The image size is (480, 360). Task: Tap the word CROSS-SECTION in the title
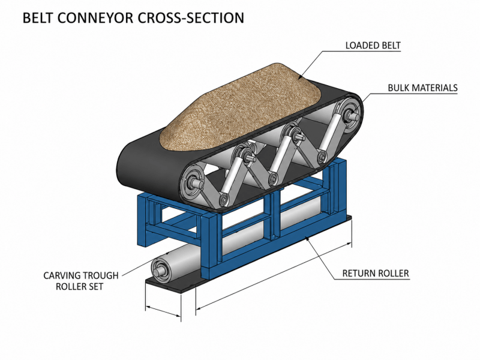tap(191, 18)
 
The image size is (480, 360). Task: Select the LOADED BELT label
tap(373, 46)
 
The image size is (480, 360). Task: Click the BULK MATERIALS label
tap(422, 88)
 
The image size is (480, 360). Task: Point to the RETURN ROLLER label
tap(376, 273)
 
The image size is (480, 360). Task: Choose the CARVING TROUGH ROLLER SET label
tap(81, 281)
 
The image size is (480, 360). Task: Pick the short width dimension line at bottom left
tap(163, 311)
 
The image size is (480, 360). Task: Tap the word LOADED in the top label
tap(358, 46)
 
